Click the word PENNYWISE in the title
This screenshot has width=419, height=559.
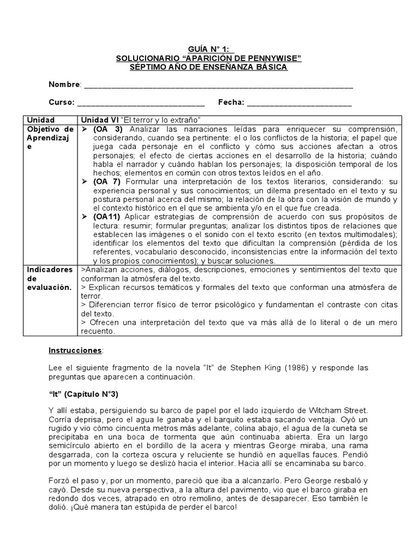coord(273,58)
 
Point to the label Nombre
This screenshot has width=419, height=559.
coord(64,85)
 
